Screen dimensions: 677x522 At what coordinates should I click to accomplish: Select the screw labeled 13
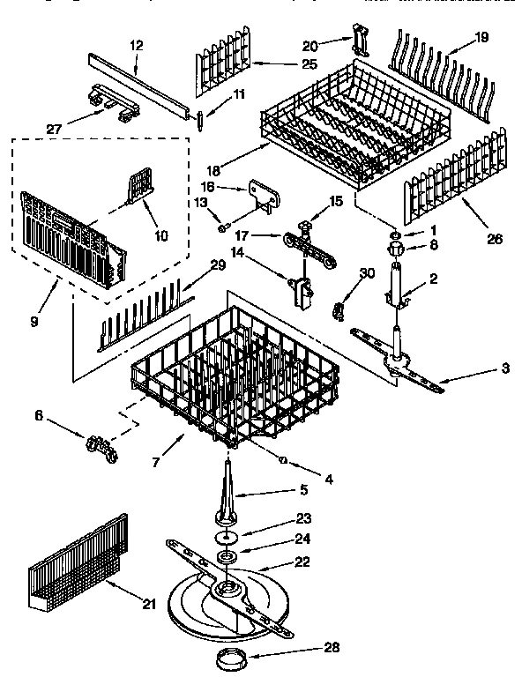[x=223, y=227]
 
